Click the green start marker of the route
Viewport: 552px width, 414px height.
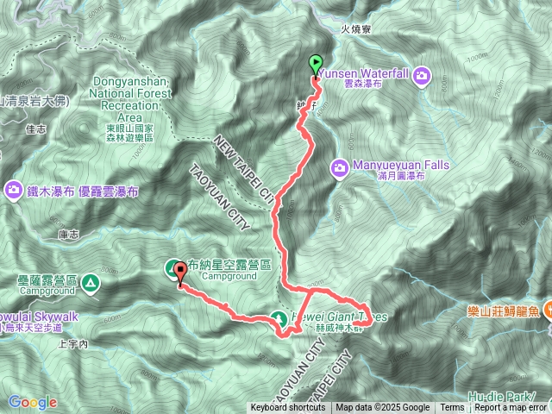315,63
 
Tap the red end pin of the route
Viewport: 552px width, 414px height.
180,273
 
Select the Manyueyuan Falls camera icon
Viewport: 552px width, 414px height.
340,166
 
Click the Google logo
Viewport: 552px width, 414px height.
33,402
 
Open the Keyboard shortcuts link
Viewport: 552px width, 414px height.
288,408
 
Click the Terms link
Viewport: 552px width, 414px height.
452,408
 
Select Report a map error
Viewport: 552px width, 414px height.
511,408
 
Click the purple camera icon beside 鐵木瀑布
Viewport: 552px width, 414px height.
14,190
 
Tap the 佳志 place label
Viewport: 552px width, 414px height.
36,130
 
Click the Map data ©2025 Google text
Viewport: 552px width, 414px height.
383,408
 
